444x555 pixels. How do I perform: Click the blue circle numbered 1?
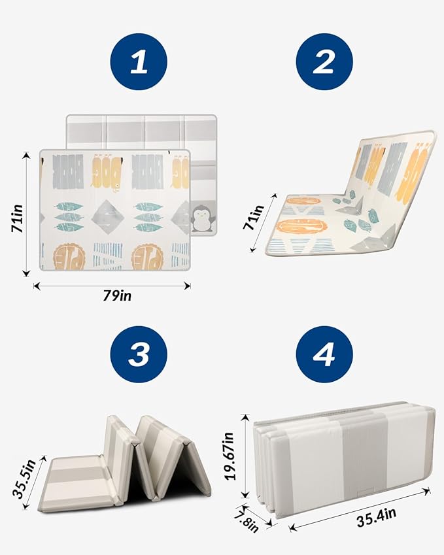click(139, 62)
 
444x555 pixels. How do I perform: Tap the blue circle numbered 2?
click(324, 62)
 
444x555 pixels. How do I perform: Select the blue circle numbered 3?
click(139, 354)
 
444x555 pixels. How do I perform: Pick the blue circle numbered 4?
click(324, 354)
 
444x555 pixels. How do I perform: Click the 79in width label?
click(117, 295)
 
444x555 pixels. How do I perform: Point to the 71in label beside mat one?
click(17, 218)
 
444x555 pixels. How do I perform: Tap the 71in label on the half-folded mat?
click(254, 217)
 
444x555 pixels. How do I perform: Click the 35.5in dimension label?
click(24, 479)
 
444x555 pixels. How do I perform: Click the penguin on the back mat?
click(202, 220)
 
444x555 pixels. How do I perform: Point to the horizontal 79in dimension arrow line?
click(112, 286)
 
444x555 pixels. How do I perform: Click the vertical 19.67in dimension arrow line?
click(245, 456)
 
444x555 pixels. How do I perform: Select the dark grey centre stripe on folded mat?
click(365, 463)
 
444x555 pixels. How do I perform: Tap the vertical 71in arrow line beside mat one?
click(26, 214)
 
